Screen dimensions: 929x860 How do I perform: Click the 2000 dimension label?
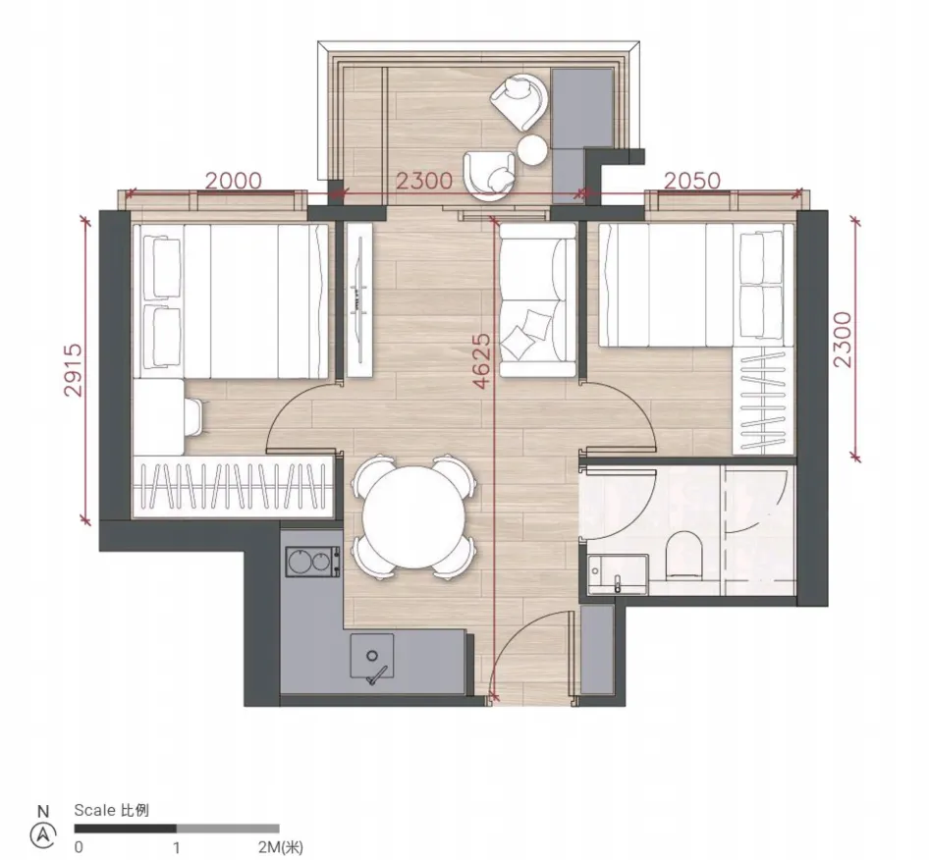pyautogui.click(x=234, y=181)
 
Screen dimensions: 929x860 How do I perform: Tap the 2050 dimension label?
pyautogui.click(x=692, y=181)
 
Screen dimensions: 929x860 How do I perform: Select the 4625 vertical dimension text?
pyautogui.click(x=482, y=360)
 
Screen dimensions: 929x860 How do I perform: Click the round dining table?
pyautogui.click(x=413, y=517)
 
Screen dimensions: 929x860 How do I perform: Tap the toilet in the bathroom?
pyautogui.click(x=684, y=555)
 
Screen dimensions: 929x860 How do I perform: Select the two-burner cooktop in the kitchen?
pyautogui.click(x=313, y=562)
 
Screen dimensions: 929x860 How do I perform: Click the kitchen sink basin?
pyautogui.click(x=372, y=656)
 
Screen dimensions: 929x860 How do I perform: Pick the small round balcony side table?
pyautogui.click(x=532, y=150)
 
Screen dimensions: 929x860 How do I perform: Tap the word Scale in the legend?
pyautogui.click(x=95, y=810)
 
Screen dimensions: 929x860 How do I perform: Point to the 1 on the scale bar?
pyautogui.click(x=177, y=847)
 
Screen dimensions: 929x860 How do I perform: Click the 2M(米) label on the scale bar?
pyautogui.click(x=280, y=847)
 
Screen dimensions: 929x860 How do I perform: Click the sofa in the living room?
pyautogui.click(x=538, y=300)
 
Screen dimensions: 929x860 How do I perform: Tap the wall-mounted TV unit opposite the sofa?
pyautogui.click(x=360, y=300)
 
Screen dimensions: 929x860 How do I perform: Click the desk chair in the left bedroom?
pyautogui.click(x=194, y=417)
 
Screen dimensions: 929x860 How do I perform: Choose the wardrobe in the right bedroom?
pyautogui.click(x=763, y=401)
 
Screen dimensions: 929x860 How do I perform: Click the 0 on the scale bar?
pyautogui.click(x=79, y=847)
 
